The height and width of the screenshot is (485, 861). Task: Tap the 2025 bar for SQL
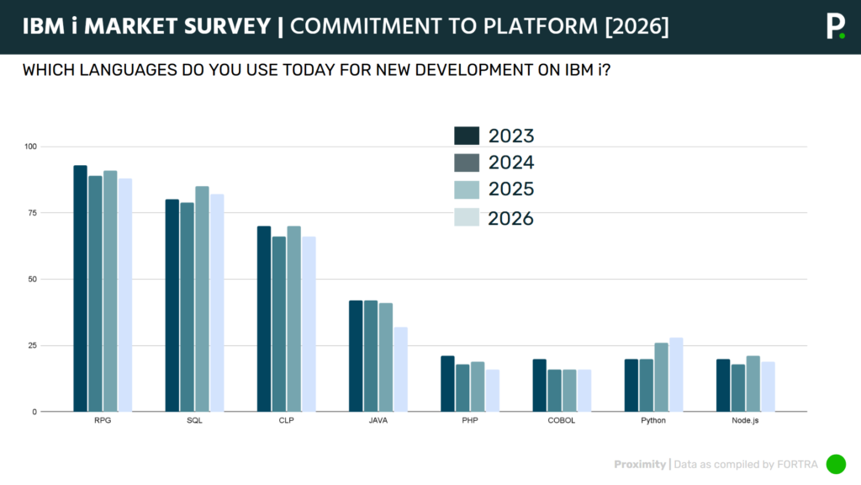pyautogui.click(x=203, y=299)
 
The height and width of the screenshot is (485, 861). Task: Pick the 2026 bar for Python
pyautogui.click(x=676, y=375)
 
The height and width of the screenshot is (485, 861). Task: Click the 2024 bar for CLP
pyautogui.click(x=279, y=324)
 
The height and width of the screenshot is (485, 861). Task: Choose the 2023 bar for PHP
pyautogui.click(x=447, y=384)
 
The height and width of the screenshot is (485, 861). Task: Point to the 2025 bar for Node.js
pyautogui.click(x=753, y=384)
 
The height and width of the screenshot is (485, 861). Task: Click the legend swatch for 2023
pyautogui.click(x=467, y=136)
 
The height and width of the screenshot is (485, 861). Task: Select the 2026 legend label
pyautogui.click(x=511, y=218)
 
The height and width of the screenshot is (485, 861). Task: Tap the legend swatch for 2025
pyautogui.click(x=467, y=189)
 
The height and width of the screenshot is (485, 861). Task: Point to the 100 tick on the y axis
pyautogui.click(x=31, y=147)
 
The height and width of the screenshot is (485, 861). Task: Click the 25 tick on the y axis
pyautogui.click(x=33, y=345)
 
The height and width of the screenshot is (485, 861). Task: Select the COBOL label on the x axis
pyautogui.click(x=561, y=420)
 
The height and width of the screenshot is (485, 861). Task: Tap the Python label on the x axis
pyautogui.click(x=652, y=420)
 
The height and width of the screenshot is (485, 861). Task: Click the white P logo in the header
pyautogui.click(x=834, y=25)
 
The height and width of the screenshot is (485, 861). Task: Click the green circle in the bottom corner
pyautogui.click(x=836, y=464)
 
